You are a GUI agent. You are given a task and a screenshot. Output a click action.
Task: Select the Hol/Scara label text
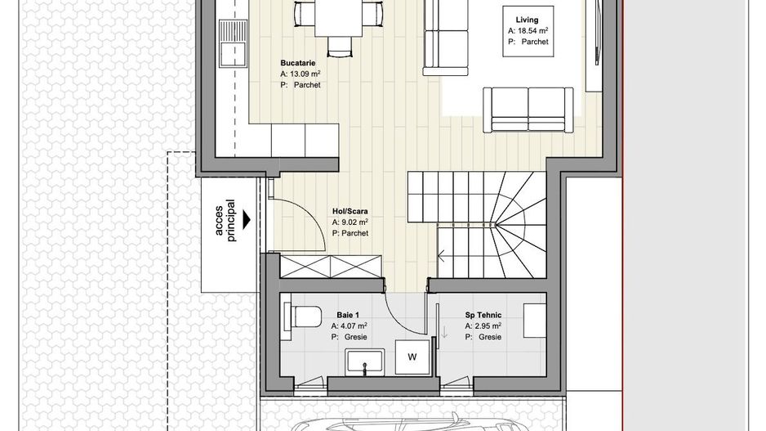click(x=350, y=211)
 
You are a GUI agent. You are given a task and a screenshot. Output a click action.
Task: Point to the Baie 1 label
click(x=348, y=314)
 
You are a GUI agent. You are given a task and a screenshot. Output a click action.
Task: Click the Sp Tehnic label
click(x=483, y=314)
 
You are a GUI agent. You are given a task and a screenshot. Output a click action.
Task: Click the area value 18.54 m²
click(x=528, y=30)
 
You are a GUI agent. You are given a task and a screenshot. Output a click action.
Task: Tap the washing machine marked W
click(x=412, y=357)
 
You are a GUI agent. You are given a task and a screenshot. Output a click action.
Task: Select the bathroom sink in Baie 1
click(x=364, y=361)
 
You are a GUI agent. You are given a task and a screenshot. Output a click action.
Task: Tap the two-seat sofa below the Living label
click(x=528, y=108)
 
